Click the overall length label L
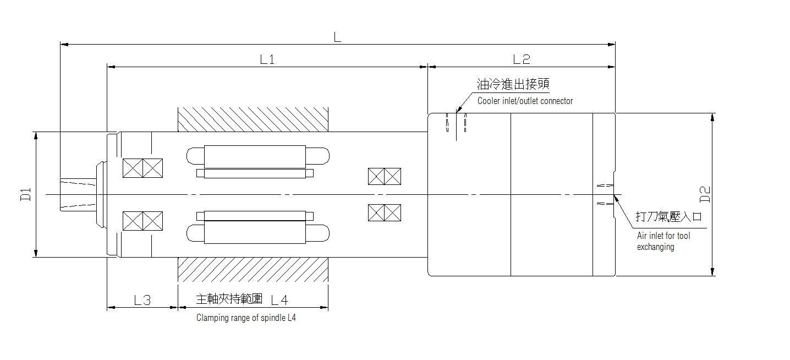(x=338, y=37)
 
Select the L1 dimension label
(x=267, y=59)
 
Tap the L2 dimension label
(x=522, y=59)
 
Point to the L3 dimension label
(x=142, y=300)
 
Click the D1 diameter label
(x=26, y=194)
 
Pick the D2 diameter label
(x=705, y=194)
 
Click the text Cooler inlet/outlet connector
(x=525, y=101)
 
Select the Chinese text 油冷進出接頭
(x=513, y=84)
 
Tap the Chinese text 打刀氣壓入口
(x=668, y=216)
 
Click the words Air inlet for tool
(x=663, y=236)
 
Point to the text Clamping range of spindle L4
(x=246, y=318)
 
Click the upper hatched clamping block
(x=253, y=119)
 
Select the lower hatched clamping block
(x=253, y=269)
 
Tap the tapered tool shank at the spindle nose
(x=78, y=194)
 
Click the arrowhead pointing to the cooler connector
(x=458, y=110)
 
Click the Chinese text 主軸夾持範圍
(x=229, y=299)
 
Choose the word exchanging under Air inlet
(x=656, y=247)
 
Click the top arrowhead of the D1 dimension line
(x=36, y=136)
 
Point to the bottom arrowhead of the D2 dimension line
(x=712, y=271)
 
